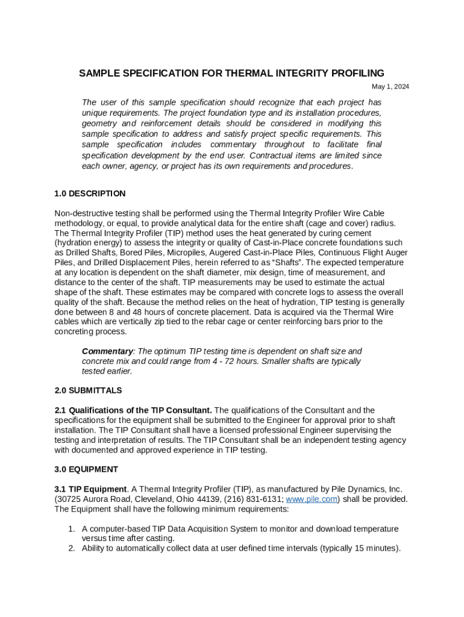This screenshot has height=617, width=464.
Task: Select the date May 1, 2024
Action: point(390,87)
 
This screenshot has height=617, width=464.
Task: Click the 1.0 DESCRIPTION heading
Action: point(90,193)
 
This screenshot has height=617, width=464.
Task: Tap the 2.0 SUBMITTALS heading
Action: point(88,390)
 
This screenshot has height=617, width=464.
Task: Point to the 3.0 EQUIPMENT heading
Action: point(86,469)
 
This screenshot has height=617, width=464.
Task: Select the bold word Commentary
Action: point(107,351)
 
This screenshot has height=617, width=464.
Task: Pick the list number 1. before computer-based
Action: point(71,529)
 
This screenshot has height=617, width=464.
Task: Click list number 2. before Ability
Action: point(71,548)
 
